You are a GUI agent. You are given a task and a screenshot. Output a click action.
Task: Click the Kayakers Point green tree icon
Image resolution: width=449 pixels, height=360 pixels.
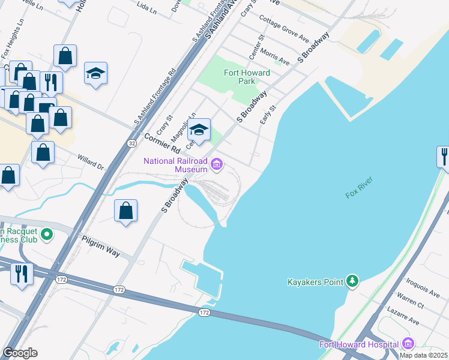pyautogui.click(x=353, y=281)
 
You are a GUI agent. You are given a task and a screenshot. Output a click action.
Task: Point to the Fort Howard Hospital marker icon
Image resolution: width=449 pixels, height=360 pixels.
pyautogui.click(x=408, y=344)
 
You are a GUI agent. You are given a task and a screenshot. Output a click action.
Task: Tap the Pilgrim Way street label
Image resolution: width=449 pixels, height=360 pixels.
pyautogui.click(x=101, y=247)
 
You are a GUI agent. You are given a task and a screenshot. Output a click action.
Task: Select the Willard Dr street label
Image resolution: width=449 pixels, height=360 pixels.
pyautogui.click(x=91, y=162)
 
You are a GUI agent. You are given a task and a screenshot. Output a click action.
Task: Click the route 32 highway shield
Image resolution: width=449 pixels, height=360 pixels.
pyautogui.click(x=131, y=143)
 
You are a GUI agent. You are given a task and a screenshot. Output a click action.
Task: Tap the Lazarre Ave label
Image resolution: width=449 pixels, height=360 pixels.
pyautogui.click(x=405, y=318)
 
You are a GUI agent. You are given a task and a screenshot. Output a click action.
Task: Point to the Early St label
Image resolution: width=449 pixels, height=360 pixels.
pyautogui.click(x=268, y=116)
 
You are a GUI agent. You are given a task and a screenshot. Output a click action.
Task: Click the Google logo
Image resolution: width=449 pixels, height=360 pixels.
pyautogui.click(x=20, y=353)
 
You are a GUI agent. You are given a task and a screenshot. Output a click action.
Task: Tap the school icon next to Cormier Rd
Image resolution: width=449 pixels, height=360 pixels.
pyautogui.click(x=199, y=129)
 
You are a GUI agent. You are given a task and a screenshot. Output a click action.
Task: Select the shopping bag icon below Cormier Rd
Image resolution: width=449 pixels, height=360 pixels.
pyautogui.click(x=125, y=211)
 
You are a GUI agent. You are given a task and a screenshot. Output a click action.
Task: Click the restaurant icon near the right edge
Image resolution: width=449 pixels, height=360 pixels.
pyautogui.click(x=443, y=157)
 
